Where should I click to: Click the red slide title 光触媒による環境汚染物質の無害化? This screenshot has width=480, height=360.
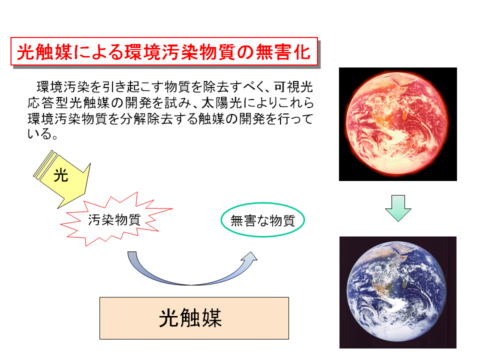(164, 51)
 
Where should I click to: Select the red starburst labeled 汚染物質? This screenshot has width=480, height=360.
(116, 219)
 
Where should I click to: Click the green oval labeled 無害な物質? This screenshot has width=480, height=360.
(262, 219)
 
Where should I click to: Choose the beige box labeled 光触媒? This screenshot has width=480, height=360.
(194, 318)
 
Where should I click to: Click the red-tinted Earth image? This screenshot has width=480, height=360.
(398, 124)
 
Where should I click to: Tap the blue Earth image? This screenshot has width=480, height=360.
(398, 292)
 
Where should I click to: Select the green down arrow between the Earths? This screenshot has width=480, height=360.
(398, 208)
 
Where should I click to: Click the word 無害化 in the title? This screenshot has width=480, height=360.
(283, 51)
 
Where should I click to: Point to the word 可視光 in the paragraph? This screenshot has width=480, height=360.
(293, 87)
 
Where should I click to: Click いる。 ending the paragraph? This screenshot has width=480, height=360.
(42, 134)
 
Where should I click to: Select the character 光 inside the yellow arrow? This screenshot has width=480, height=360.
(60, 175)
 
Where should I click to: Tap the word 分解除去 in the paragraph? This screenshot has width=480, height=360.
(146, 119)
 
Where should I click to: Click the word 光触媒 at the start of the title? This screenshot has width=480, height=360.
(44, 51)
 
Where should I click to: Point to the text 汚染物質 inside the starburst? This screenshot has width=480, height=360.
(114, 219)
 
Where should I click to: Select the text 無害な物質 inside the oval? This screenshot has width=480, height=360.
(262, 220)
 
